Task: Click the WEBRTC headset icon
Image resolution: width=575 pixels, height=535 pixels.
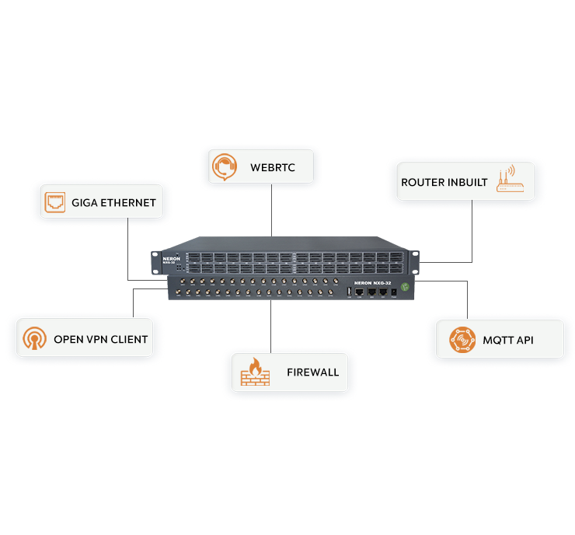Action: [225, 166]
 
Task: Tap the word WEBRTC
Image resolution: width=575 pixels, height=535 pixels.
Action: [272, 167]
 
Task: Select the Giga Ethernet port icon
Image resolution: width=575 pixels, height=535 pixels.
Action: [55, 202]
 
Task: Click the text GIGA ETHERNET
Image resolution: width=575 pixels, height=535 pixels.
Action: [113, 203]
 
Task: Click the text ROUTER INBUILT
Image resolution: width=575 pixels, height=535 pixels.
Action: [444, 183]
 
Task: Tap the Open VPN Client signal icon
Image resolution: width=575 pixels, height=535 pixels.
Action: [34, 339]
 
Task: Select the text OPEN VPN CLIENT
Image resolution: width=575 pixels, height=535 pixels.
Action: [100, 340]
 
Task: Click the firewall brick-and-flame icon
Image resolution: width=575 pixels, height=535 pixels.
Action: [255, 372]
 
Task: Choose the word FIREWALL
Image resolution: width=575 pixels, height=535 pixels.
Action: [313, 372]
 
